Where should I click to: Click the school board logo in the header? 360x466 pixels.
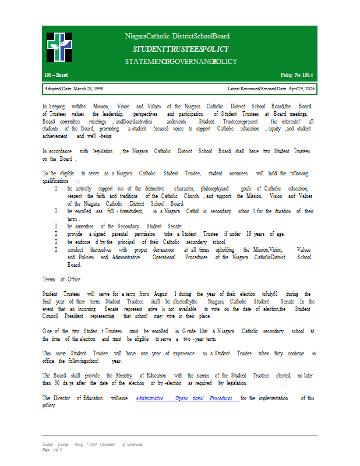(x=59, y=47)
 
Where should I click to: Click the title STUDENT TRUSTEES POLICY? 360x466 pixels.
(x=180, y=50)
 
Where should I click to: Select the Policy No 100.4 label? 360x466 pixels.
(x=297, y=76)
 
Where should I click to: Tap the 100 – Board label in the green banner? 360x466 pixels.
(x=56, y=76)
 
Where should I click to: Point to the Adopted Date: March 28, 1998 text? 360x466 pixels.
(x=74, y=89)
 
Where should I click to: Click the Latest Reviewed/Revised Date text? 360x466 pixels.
(x=271, y=89)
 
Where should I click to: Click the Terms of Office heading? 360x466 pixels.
(x=61, y=280)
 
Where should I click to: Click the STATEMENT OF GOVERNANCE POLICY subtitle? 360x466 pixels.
(x=181, y=62)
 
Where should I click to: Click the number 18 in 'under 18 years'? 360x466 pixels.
(x=249, y=234)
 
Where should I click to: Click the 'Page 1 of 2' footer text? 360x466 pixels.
(x=52, y=450)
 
